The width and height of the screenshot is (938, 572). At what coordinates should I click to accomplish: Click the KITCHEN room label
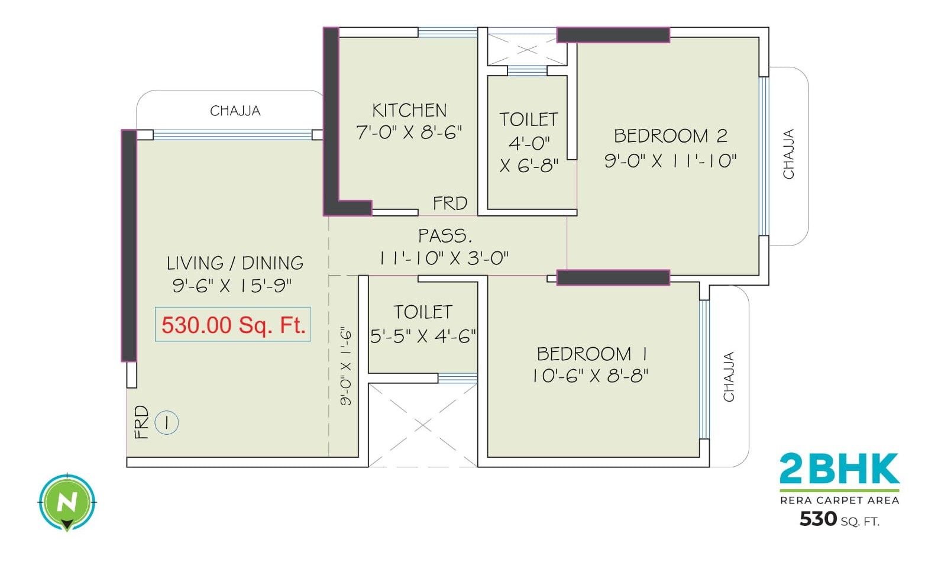point(409,110)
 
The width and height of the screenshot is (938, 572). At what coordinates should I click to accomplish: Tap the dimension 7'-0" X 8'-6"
point(409,133)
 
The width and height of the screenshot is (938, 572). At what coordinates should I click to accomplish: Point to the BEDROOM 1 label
point(591,354)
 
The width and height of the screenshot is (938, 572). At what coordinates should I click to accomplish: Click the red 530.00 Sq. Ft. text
point(233,325)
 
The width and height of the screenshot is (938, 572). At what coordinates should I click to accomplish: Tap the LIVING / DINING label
point(235,263)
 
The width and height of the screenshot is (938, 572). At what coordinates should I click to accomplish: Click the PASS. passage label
point(445,236)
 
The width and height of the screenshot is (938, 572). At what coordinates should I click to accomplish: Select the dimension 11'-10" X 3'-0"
point(444,258)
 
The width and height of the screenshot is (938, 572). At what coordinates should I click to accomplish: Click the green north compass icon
point(67,503)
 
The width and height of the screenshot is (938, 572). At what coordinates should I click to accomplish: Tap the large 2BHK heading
point(839,469)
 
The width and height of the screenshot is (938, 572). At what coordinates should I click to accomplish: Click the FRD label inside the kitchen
point(449,203)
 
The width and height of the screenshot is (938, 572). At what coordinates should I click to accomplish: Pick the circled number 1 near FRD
point(167,422)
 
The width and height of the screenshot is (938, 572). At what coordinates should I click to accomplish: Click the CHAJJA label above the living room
point(235,111)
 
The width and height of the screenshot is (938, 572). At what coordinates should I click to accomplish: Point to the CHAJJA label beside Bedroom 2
point(788,154)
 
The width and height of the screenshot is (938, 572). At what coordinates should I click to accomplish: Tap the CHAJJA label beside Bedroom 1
point(729,377)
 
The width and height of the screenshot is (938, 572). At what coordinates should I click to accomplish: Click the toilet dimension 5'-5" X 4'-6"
point(423,336)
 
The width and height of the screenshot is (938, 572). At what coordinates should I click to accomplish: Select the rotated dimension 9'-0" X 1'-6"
point(346,367)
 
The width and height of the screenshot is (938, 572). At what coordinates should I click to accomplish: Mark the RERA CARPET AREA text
point(839,500)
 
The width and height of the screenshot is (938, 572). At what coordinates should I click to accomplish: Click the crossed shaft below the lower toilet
point(423,425)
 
